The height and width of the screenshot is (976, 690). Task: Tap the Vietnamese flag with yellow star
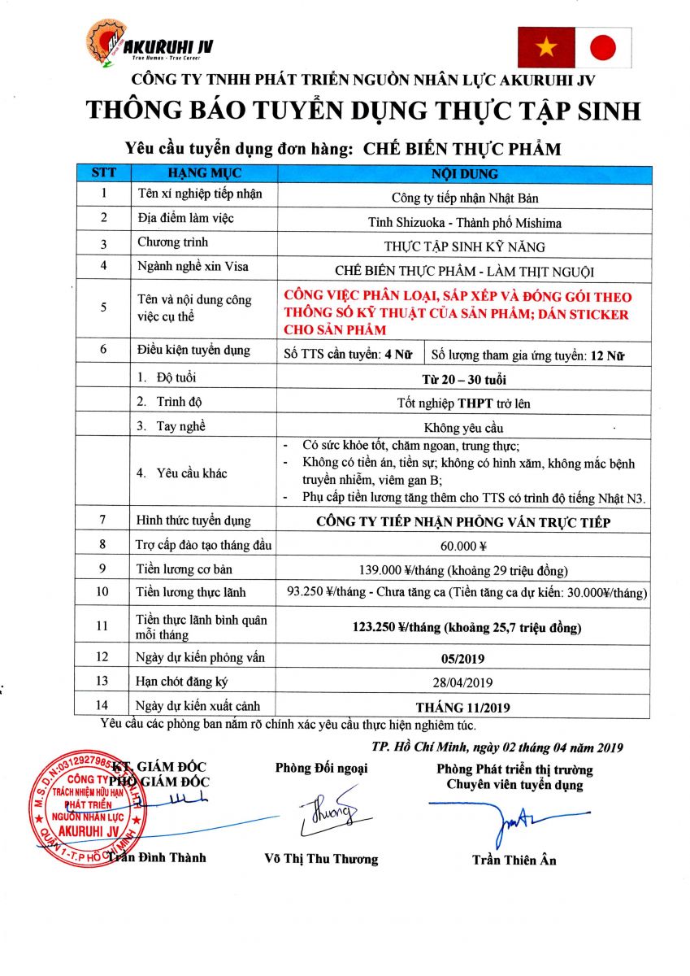(545, 47)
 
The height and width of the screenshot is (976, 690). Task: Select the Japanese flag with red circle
(603, 47)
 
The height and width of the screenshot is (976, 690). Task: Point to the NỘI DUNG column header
(465, 174)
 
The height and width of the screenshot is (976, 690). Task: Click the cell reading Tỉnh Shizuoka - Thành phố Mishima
(465, 222)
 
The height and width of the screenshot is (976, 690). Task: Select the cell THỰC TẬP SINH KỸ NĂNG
(465, 246)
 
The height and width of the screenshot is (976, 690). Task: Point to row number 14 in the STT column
(102, 706)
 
